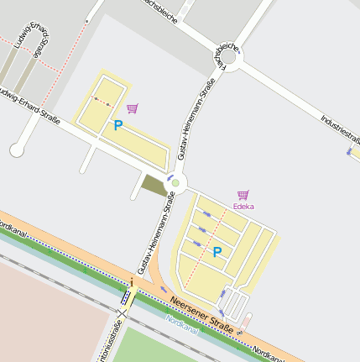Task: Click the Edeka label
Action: coord(243,206)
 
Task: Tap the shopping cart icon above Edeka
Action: coord(243,195)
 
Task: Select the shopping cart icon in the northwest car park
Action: coord(132,108)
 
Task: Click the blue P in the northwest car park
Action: coord(117,126)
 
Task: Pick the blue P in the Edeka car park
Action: coord(217,252)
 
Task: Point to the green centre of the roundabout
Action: coord(175,182)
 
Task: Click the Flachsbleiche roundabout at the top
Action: coord(227,60)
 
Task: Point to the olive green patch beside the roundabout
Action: coord(154,186)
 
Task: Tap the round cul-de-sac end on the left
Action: coord(17,150)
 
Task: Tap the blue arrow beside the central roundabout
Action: coord(169,178)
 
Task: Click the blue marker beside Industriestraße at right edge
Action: coord(349,152)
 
